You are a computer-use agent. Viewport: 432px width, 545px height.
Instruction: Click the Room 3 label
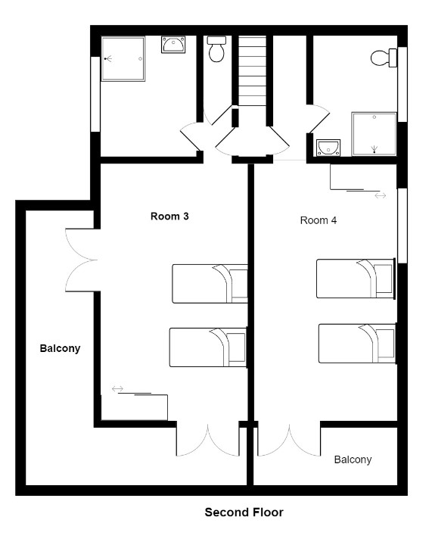[169, 216]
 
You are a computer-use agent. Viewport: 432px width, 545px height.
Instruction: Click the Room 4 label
[318, 220]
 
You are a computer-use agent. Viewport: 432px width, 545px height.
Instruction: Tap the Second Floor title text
[244, 512]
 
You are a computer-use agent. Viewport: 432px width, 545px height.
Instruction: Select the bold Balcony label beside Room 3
[60, 348]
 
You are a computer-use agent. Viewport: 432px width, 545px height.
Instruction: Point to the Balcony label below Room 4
[353, 459]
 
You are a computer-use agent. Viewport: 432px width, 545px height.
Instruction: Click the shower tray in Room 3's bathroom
[123, 59]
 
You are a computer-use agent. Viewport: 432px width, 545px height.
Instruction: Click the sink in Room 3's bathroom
[173, 45]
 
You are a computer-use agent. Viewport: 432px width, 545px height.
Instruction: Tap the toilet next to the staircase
[216, 49]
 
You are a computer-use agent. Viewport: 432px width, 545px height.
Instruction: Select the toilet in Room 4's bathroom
[384, 58]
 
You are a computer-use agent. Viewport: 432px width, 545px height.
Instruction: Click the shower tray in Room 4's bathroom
[374, 134]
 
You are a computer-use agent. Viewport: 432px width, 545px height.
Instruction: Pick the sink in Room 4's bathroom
[328, 148]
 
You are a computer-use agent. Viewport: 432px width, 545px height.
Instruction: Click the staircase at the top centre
[253, 71]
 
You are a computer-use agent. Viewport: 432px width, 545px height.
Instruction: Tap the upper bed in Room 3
[210, 284]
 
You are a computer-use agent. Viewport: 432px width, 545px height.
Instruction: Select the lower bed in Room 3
[207, 347]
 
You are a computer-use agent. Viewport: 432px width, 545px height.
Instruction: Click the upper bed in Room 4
[355, 279]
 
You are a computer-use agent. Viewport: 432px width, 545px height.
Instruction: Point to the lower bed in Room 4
[357, 344]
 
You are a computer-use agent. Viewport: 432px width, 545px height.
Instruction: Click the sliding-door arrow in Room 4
[381, 196]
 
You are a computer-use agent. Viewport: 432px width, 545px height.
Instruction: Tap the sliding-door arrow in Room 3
[118, 388]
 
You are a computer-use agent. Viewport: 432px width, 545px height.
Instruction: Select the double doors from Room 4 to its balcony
[289, 441]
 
